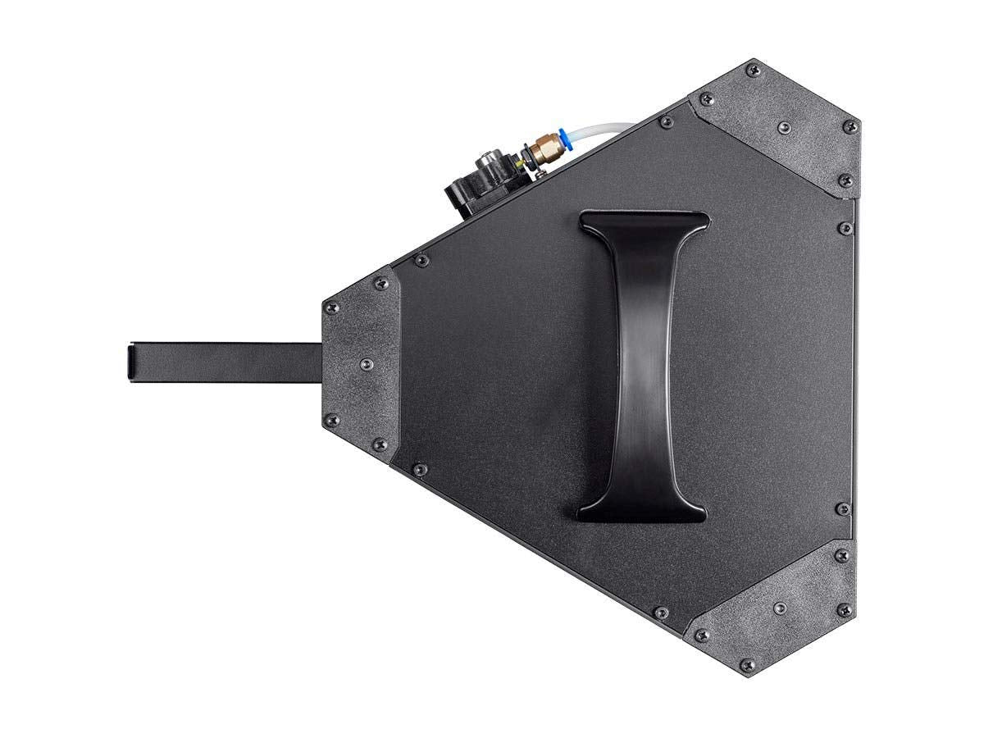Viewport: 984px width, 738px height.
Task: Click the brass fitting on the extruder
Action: (x=542, y=149)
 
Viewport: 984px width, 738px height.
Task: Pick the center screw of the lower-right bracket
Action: (x=780, y=608)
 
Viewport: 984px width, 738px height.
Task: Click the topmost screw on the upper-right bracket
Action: (x=751, y=71)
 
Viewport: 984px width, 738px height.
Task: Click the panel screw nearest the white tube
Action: (x=667, y=122)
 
